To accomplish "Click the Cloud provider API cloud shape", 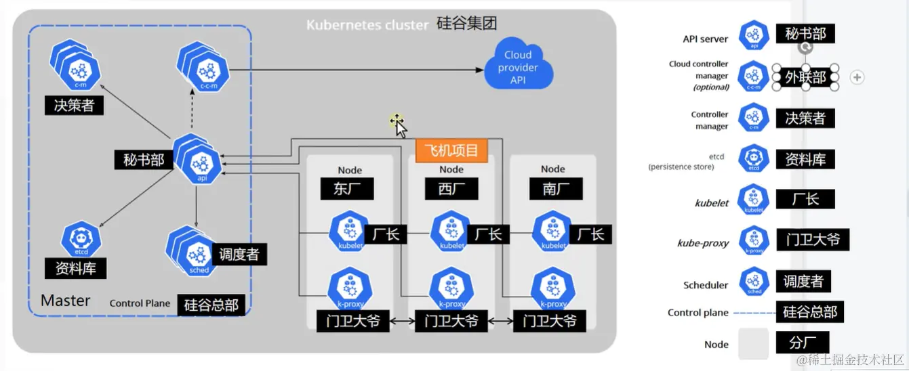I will click(x=519, y=67).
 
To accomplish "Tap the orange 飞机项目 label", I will click(x=451, y=150).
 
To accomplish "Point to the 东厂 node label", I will click(x=347, y=189).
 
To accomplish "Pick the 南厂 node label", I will click(x=552, y=189).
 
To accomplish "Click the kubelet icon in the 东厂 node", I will click(x=349, y=232).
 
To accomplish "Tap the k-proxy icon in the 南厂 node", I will click(x=552, y=287).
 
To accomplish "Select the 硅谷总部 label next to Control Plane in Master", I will click(x=211, y=305).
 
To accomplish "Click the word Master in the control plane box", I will click(x=66, y=301).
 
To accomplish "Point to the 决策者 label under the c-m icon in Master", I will click(x=74, y=106).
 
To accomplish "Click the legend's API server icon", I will click(x=754, y=35).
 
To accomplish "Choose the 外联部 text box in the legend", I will click(x=805, y=77).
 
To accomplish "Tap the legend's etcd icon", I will click(x=754, y=158).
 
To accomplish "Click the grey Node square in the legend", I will click(x=754, y=343).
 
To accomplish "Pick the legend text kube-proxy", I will click(x=703, y=243).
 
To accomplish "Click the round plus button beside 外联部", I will click(x=857, y=77).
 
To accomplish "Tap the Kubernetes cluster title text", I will click(x=367, y=25).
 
